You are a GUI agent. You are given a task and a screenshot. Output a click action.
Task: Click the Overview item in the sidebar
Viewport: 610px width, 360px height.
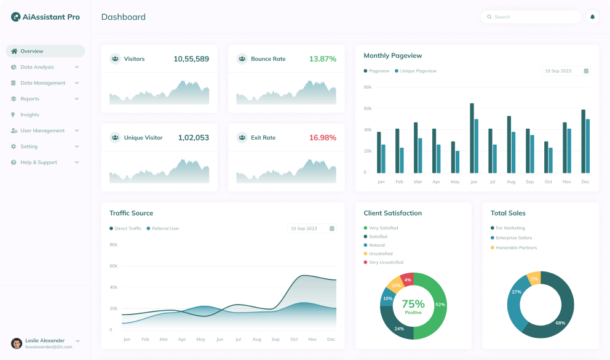[x=32, y=51]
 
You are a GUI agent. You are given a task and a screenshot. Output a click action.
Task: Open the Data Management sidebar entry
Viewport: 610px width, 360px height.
[x=43, y=83]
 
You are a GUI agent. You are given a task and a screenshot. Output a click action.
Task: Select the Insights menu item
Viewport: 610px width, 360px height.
[x=30, y=115]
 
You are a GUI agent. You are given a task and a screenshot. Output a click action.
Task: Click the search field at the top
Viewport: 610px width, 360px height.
[x=532, y=17]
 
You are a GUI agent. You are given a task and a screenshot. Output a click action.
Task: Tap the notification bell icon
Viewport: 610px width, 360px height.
[x=592, y=17]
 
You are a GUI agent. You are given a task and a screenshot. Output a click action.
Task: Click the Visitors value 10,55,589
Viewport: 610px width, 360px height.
[x=191, y=59]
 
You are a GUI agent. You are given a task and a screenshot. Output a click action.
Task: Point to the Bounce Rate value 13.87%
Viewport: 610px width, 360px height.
[x=322, y=59]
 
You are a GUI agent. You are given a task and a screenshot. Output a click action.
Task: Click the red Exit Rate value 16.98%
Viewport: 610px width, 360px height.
[x=322, y=138]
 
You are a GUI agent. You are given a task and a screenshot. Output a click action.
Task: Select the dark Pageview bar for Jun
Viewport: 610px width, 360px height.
[x=472, y=138]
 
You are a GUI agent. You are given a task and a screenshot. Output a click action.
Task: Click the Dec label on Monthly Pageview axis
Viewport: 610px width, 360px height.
[x=585, y=182]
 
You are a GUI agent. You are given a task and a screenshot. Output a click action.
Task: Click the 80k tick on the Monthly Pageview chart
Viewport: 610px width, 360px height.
[x=368, y=87]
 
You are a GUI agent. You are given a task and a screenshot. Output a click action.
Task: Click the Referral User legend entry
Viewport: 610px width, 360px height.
[x=165, y=228]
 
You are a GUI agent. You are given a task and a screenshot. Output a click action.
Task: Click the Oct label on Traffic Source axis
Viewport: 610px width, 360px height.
[x=294, y=340]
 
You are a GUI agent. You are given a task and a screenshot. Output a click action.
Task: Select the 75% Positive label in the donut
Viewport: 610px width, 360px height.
[x=413, y=306]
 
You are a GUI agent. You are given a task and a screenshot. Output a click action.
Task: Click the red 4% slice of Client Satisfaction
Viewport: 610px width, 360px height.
[x=407, y=280]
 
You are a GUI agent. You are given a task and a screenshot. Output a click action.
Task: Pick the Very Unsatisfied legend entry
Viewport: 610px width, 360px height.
[x=386, y=262]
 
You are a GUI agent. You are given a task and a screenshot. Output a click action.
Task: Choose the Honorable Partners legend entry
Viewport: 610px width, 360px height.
[x=516, y=247]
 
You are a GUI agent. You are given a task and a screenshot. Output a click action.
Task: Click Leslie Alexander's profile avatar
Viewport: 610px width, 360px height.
[x=17, y=343]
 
